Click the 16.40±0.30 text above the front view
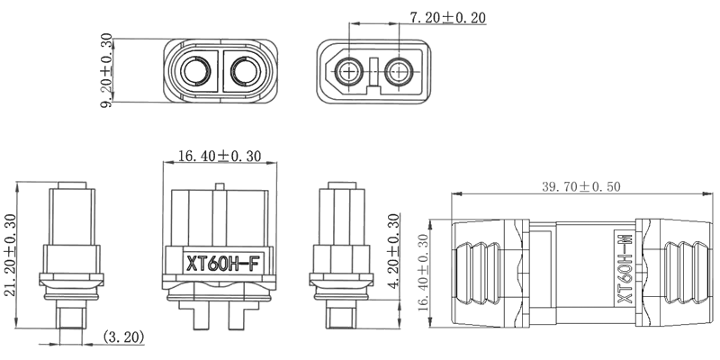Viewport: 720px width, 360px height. (x=219, y=156)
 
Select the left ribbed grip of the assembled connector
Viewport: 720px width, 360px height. (x=487, y=270)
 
